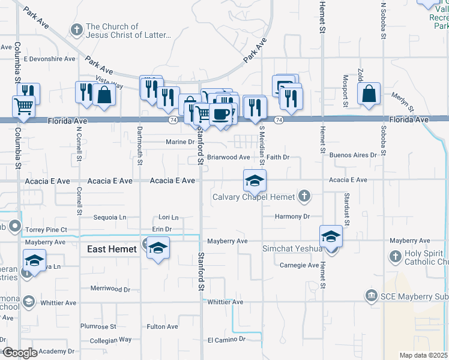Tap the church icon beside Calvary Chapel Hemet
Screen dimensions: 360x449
(x=304, y=196)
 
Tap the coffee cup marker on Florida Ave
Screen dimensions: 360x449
(x=221, y=113)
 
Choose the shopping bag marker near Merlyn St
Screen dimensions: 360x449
(x=369, y=94)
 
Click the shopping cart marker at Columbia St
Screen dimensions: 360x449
(x=23, y=107)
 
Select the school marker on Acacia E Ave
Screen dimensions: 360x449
(x=255, y=181)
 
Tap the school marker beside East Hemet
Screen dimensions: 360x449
(x=158, y=248)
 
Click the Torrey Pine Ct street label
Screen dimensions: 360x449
(x=46, y=229)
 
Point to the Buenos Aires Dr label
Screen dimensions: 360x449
(x=353, y=155)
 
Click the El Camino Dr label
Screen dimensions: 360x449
(x=226, y=339)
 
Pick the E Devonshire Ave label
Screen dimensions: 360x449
(x=49, y=59)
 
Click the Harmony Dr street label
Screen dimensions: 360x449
(x=292, y=217)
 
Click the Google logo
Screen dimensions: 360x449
(x=20, y=353)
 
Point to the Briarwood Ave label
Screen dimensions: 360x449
(x=228, y=157)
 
